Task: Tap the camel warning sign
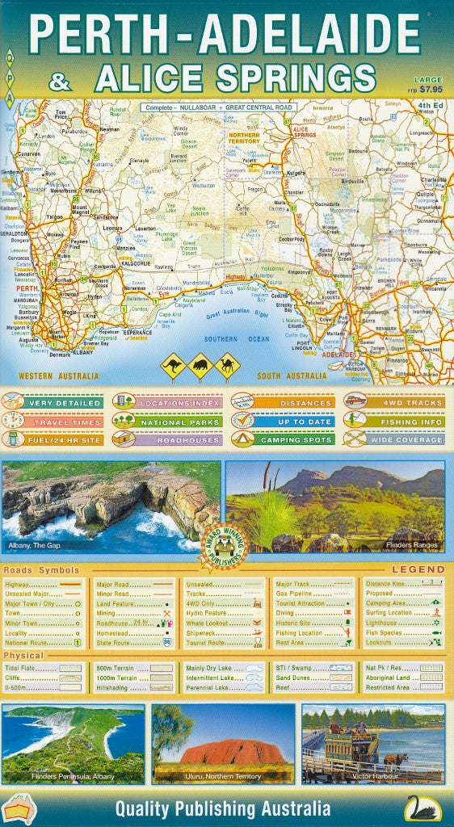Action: [x=227, y=365]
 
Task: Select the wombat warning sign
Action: [x=200, y=366]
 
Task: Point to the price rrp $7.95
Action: [x=427, y=89]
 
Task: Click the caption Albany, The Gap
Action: [x=34, y=546]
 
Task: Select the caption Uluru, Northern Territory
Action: [x=224, y=776]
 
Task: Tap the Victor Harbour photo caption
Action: [x=372, y=776]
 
